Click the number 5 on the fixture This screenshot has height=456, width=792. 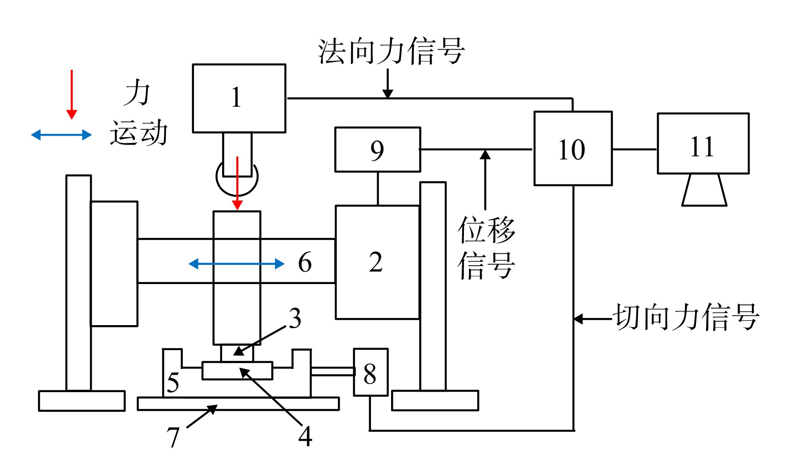173,382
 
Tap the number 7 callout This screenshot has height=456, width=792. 173,437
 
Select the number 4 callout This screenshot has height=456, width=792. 305,436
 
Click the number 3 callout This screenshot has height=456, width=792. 295,318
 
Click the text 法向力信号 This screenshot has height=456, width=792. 392,51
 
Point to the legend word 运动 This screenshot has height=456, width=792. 139,133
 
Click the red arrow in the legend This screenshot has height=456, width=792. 72,94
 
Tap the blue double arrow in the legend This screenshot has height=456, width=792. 61,134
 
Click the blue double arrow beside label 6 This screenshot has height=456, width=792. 236,264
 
